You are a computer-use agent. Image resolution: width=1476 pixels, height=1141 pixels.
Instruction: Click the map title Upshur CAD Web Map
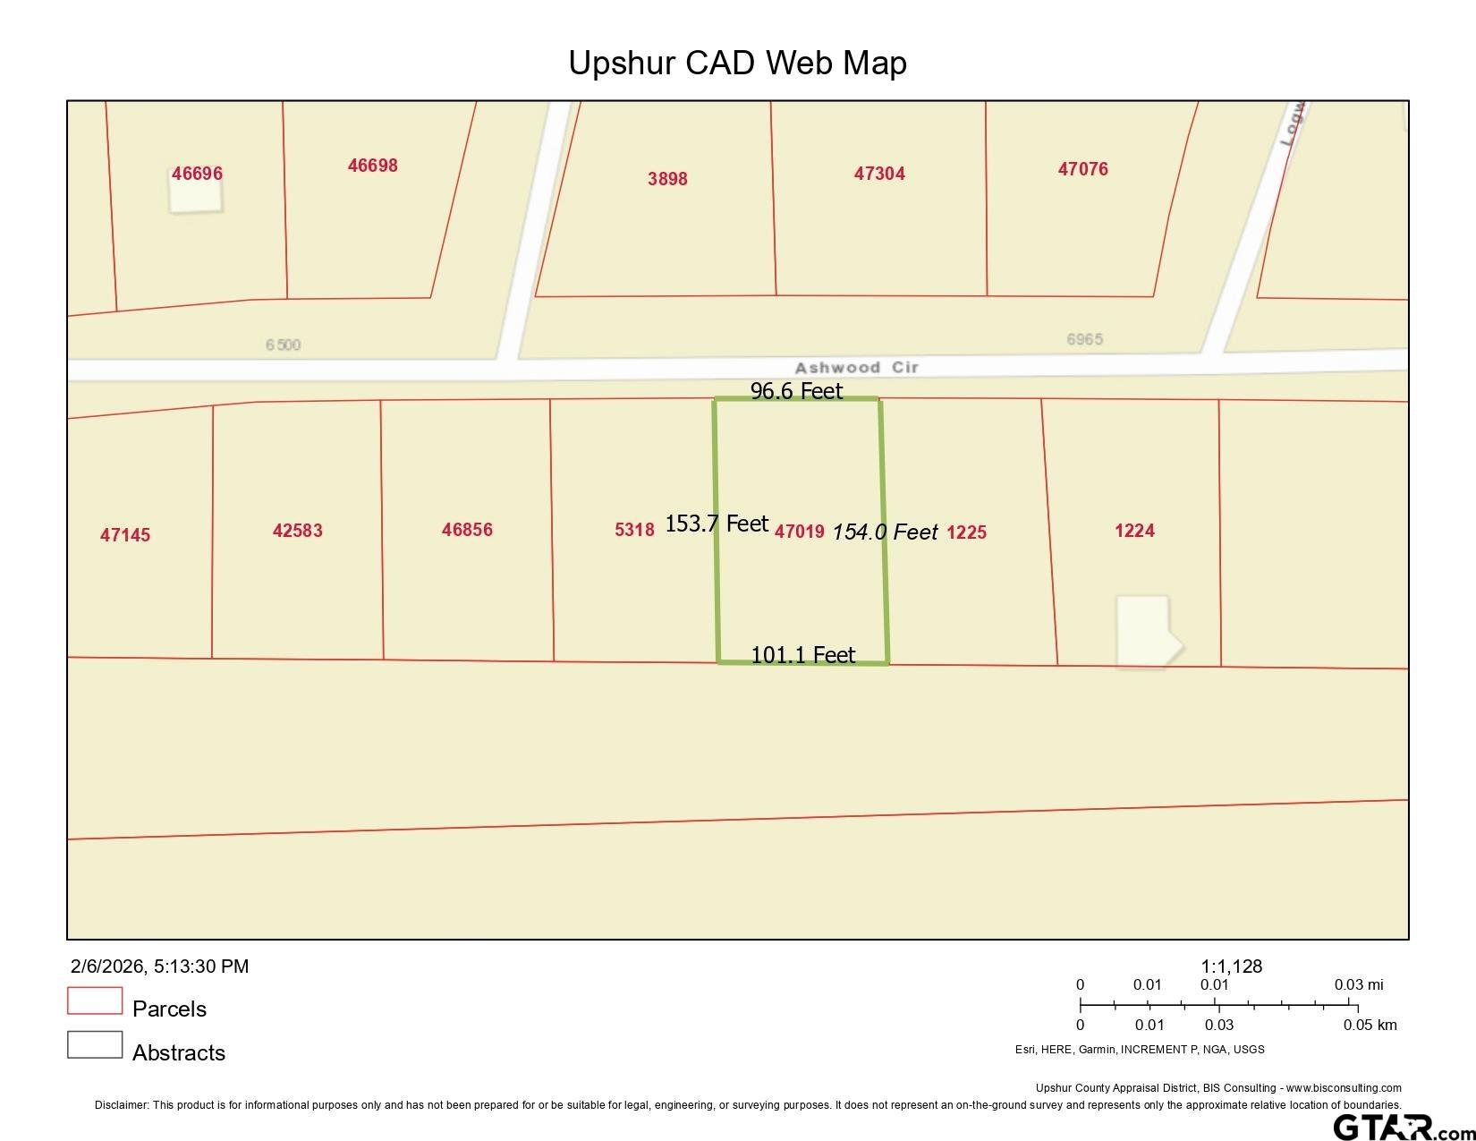pyautogui.click(x=737, y=63)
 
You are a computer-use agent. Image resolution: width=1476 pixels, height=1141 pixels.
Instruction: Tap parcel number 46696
pyautogui.click(x=197, y=174)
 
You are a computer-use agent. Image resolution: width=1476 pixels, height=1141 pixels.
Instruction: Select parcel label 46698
pyautogui.click(x=372, y=166)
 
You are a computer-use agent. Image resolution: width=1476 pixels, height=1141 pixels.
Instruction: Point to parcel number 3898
pyautogui.click(x=667, y=179)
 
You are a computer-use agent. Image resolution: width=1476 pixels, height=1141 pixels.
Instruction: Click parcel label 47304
pyautogui.click(x=879, y=174)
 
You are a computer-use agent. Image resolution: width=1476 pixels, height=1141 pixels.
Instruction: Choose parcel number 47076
pyautogui.click(x=1082, y=169)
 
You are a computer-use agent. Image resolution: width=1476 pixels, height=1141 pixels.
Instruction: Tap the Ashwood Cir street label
pyautogui.click(x=856, y=368)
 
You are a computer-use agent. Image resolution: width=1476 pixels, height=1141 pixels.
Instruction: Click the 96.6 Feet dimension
pyautogui.click(x=796, y=391)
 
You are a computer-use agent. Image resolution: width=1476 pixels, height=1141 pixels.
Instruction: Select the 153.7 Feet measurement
pyautogui.click(x=717, y=524)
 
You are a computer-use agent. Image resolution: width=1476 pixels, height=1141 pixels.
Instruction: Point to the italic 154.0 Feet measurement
pyautogui.click(x=885, y=532)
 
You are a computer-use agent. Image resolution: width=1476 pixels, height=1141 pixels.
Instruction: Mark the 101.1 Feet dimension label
pyautogui.click(x=802, y=655)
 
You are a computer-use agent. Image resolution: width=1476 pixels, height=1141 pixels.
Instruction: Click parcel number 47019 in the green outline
pyautogui.click(x=799, y=532)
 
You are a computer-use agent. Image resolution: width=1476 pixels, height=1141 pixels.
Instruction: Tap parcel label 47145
pyautogui.click(x=125, y=535)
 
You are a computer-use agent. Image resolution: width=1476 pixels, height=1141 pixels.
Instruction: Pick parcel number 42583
pyautogui.click(x=297, y=531)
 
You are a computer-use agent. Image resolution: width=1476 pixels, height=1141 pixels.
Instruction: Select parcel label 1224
pyautogui.click(x=1134, y=531)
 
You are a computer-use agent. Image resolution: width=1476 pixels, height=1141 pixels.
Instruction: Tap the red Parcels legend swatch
pyautogui.click(x=95, y=1001)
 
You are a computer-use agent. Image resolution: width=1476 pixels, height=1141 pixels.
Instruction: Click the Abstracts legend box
pyautogui.click(x=95, y=1044)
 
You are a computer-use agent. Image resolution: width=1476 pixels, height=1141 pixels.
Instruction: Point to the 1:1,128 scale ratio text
pyautogui.click(x=1231, y=966)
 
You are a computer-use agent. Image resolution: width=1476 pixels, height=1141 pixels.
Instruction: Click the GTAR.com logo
pyautogui.click(x=1401, y=1126)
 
